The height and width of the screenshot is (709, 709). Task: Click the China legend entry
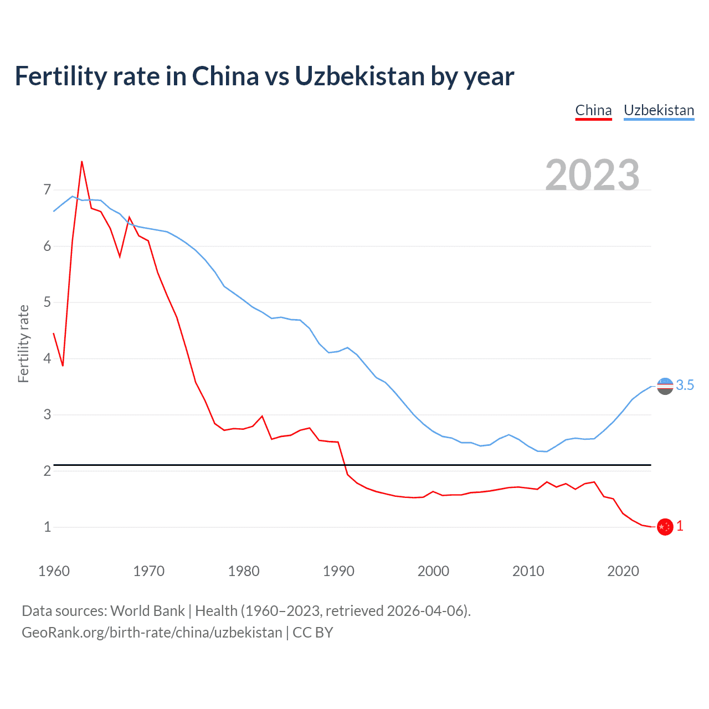point(593,110)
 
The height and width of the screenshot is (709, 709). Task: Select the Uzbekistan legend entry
point(659,110)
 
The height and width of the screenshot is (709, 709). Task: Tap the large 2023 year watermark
point(592,175)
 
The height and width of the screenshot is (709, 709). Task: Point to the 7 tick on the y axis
point(47,190)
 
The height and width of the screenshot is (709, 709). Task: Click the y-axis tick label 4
point(47,358)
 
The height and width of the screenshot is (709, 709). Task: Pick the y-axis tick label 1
point(47,527)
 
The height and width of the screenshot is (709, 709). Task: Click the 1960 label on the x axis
point(54,571)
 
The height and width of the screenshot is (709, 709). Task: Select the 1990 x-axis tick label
point(338,571)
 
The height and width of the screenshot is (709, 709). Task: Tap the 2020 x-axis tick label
point(623,571)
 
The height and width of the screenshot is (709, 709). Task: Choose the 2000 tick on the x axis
point(433,571)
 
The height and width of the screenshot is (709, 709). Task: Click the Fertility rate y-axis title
point(23,343)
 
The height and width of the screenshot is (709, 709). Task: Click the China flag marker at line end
point(665,527)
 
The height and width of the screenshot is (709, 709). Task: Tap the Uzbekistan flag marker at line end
point(665,386)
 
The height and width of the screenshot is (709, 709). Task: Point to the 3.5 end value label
point(685,386)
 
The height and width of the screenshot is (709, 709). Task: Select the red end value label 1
point(680,526)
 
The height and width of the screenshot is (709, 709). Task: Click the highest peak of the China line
point(82,162)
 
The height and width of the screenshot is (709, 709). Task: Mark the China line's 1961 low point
point(63,366)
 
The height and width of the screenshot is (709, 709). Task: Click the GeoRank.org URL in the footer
point(152,633)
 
